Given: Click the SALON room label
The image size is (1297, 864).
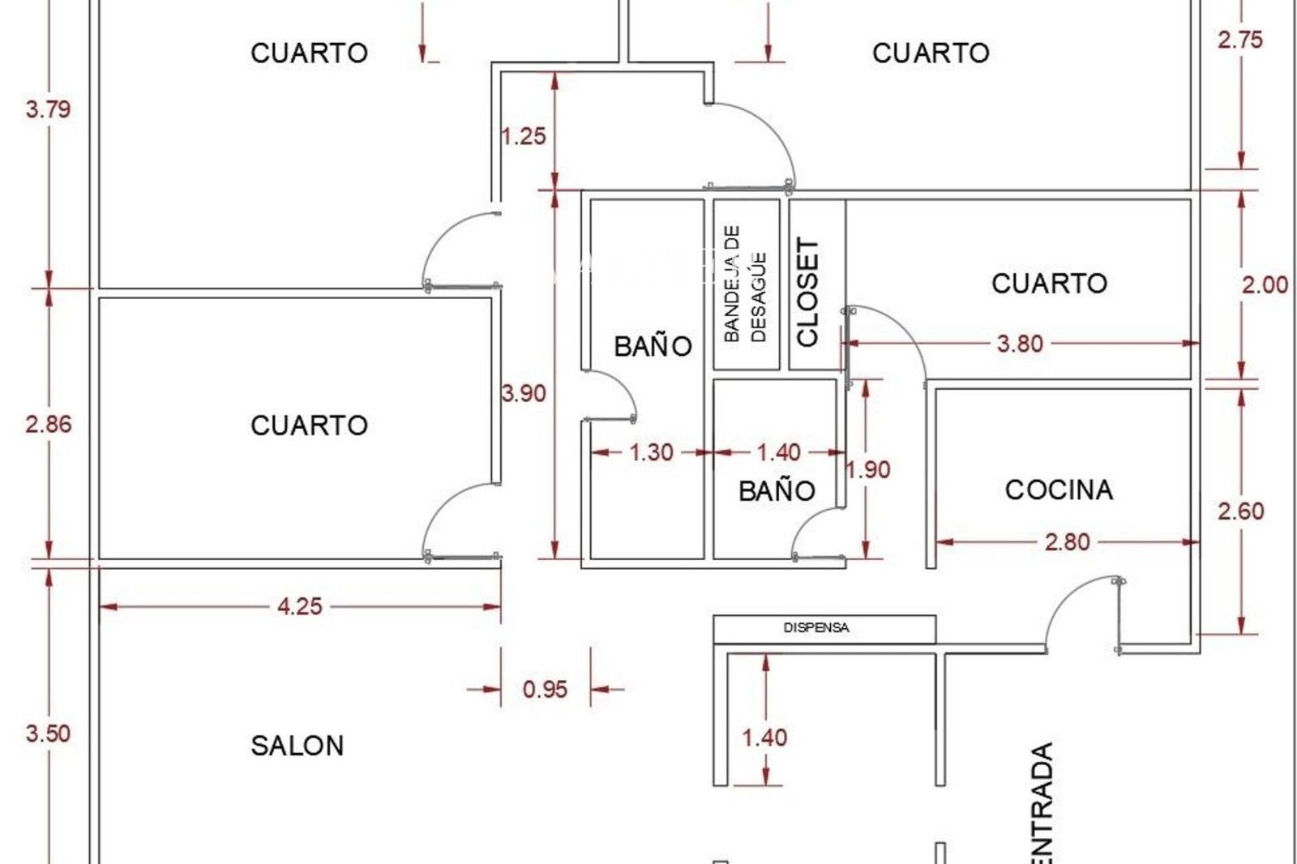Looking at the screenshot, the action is coord(297,746).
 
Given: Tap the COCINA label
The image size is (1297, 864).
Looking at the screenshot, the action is coord(1059,490).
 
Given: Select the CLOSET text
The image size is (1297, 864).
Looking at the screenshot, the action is coord(807,292).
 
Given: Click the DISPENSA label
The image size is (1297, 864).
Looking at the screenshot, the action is coord(816,627).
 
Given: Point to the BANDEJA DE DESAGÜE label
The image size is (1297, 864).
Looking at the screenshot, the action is coord(746,284).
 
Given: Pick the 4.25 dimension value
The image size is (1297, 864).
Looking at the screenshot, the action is coord(299,606).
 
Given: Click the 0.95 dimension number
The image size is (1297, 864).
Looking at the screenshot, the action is coord(545,690).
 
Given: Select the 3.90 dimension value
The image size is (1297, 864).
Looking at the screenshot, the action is coord(524,394).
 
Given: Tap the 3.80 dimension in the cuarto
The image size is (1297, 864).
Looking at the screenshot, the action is coord(1021,344).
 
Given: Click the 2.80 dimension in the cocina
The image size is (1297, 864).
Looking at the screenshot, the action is coord(1067,542).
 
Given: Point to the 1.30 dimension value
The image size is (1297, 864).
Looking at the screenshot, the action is coord(652,452).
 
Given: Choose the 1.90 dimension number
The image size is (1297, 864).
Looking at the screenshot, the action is coord(868,469).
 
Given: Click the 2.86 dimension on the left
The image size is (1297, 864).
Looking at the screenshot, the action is coord(49,425).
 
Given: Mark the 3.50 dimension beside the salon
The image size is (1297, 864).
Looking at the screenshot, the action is coord(49,734).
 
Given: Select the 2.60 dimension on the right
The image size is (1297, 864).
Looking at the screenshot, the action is coord(1240,511).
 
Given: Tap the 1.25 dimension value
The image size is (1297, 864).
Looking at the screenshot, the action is coord(524,136).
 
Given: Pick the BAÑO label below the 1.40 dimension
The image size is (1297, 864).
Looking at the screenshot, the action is coord(777,491).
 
